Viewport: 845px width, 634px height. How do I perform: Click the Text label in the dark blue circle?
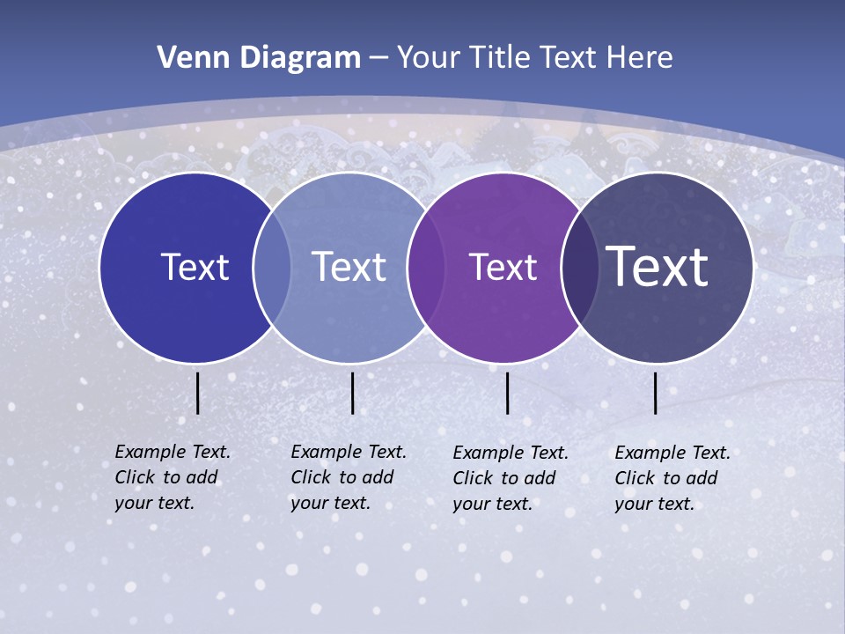(x=195, y=267)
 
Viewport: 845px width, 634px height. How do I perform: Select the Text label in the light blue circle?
(x=349, y=267)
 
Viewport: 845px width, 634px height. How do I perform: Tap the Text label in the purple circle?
(x=503, y=267)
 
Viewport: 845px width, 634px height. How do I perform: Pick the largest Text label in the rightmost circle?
(x=658, y=266)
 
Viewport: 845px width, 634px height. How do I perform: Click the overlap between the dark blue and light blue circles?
(x=272, y=268)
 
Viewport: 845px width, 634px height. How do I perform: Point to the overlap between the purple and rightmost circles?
(x=578, y=268)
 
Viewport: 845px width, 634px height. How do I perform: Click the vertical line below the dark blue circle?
(x=198, y=393)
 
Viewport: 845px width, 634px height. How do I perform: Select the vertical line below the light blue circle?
(x=352, y=393)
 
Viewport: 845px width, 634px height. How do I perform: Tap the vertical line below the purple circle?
(x=508, y=393)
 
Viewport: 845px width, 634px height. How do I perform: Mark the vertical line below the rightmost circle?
(x=656, y=393)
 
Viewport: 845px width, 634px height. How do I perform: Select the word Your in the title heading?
(x=428, y=58)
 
